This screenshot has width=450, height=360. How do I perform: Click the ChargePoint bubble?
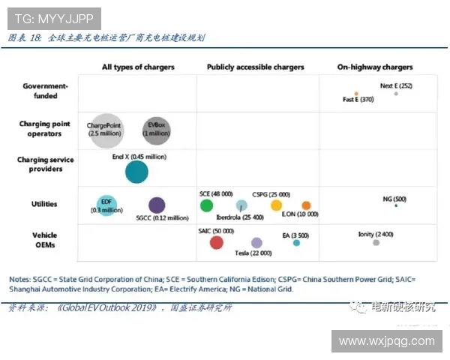pyautogui.click(x=104, y=128)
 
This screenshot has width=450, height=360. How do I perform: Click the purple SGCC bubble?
pyautogui.click(x=157, y=205)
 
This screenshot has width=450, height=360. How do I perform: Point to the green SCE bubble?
pyautogui.click(x=207, y=205)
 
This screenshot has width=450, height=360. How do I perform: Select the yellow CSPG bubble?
pyautogui.click(x=277, y=205)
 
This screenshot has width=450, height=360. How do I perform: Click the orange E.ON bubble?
pyautogui.click(x=306, y=205)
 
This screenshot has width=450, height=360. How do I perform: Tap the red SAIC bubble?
pyautogui.click(x=217, y=242)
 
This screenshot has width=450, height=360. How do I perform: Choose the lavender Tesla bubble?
pyautogui.click(x=256, y=242)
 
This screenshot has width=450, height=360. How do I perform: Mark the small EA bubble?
pyautogui.click(x=296, y=242)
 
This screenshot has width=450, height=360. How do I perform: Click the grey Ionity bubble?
pyautogui.click(x=376, y=242)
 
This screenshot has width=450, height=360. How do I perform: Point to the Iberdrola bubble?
pyautogui.click(x=241, y=205)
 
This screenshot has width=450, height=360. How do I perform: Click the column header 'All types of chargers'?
pyautogui.click(x=138, y=67)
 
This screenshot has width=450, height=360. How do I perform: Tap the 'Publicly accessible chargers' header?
pyautogui.click(x=256, y=67)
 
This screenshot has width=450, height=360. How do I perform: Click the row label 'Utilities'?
pyautogui.click(x=44, y=204)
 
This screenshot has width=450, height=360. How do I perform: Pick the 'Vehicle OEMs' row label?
pyautogui.click(x=44, y=240)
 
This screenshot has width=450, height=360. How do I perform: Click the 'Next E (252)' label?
pyautogui.click(x=396, y=86)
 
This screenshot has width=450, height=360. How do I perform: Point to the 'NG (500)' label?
pyautogui.click(x=394, y=199)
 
